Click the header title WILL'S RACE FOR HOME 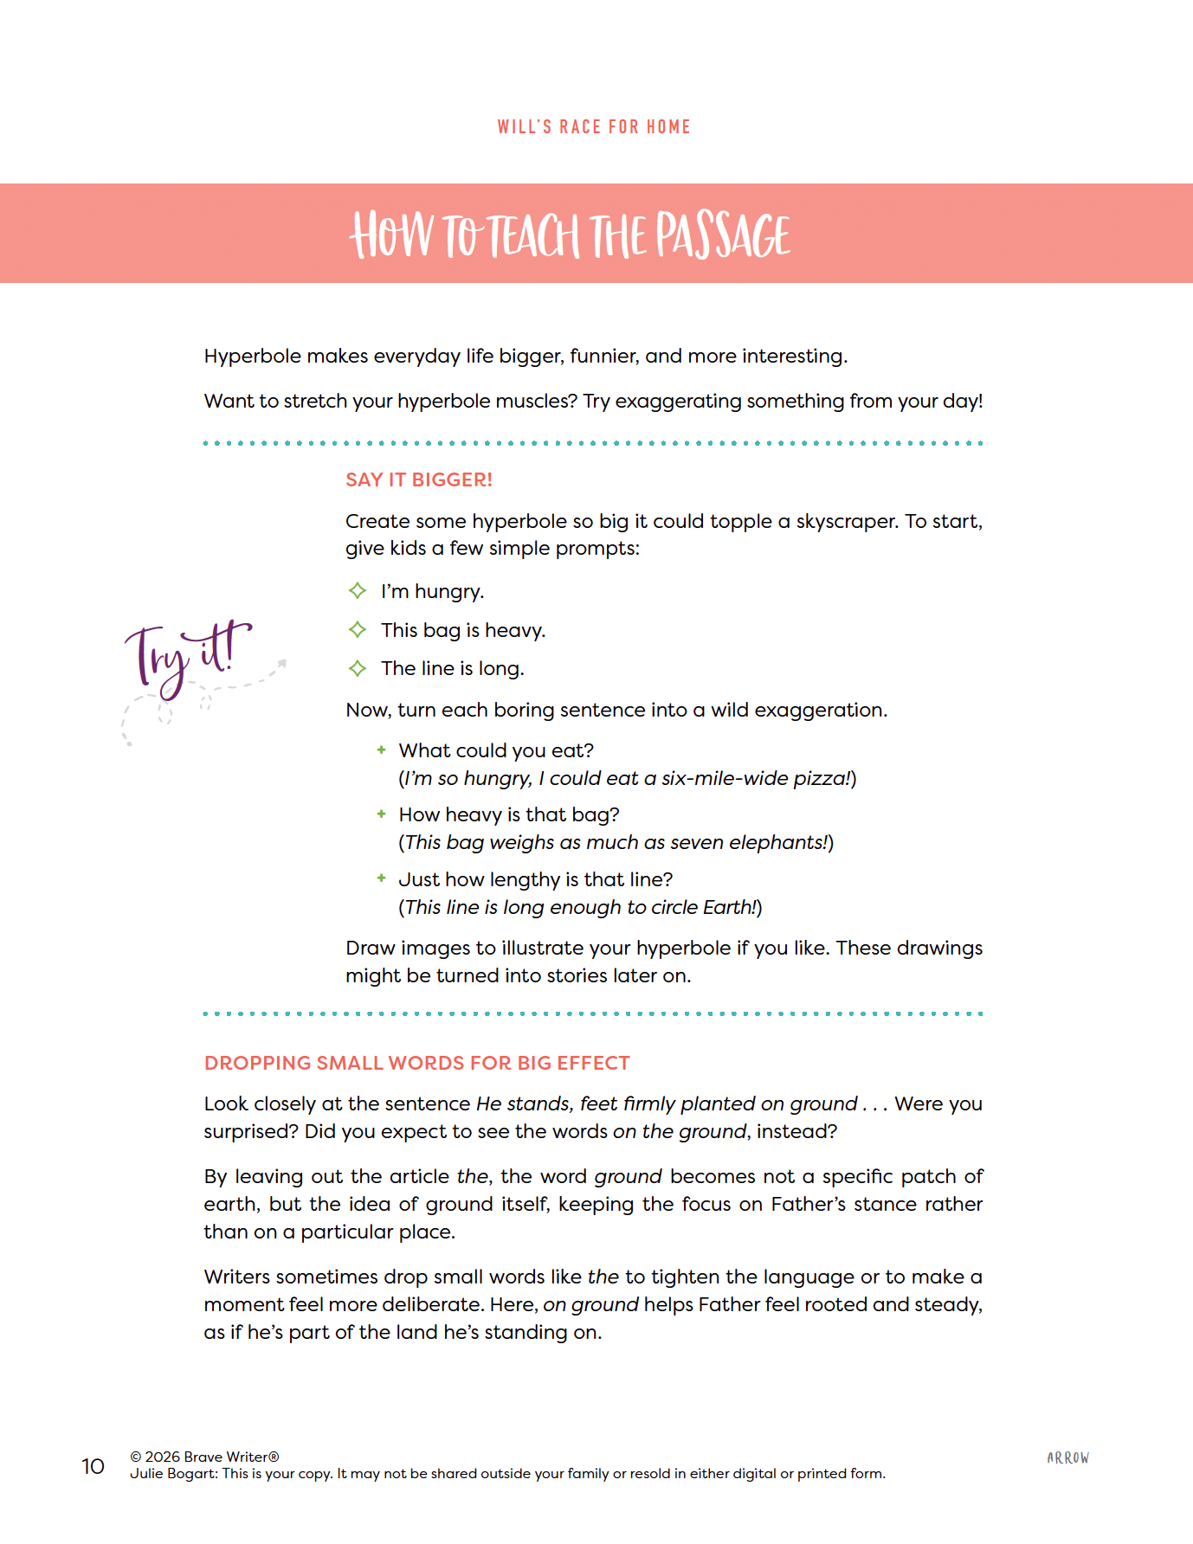pyautogui.click(x=594, y=127)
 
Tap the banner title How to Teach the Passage pyautogui.click(x=570, y=235)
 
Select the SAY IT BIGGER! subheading pyautogui.click(x=419, y=480)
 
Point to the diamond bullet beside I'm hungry pyautogui.click(x=358, y=591)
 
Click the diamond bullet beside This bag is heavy pyautogui.click(x=358, y=630)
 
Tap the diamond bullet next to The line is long pyautogui.click(x=358, y=668)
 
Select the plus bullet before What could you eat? pyautogui.click(x=381, y=750)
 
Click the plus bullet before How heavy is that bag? pyautogui.click(x=381, y=814)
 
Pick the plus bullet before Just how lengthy pyautogui.click(x=381, y=878)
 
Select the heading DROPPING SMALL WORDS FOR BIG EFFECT pyautogui.click(x=417, y=1064)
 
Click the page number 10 pyautogui.click(x=93, y=1466)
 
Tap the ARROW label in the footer pyautogui.click(x=1067, y=1458)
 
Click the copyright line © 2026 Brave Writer pyautogui.click(x=204, y=1457)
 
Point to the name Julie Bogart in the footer pyautogui.click(x=172, y=1474)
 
